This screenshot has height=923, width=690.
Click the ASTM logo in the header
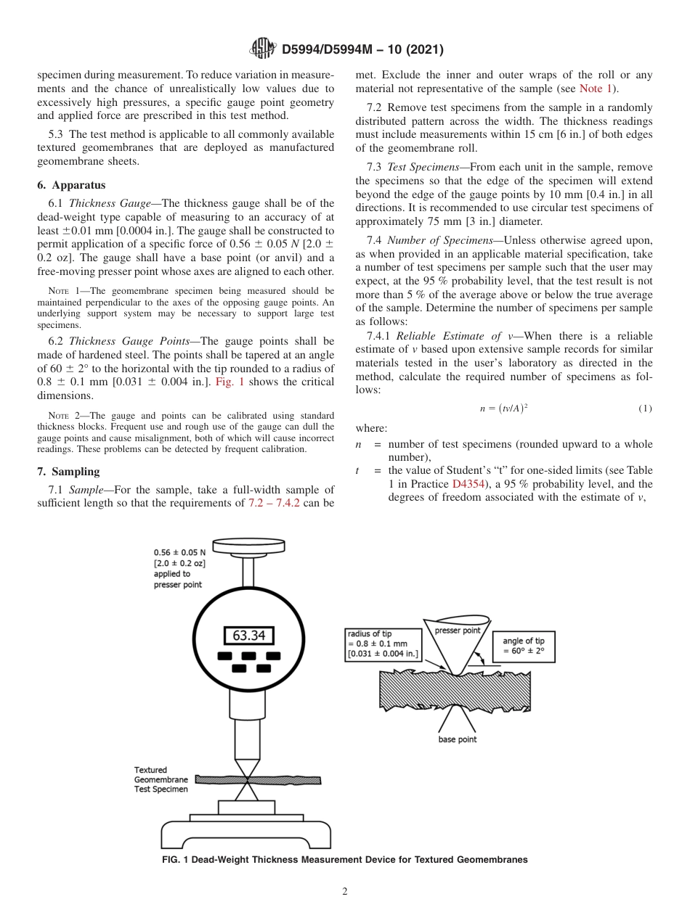tap(263, 49)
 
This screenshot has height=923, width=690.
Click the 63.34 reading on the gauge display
tap(248, 636)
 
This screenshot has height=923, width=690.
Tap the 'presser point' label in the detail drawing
tap(458, 631)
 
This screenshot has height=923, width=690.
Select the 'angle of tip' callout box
tap(523, 647)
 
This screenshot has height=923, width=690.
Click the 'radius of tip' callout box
tap(383, 644)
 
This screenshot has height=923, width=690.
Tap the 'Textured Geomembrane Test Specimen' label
tap(161, 779)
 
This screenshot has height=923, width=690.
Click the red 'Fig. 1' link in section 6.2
tap(230, 382)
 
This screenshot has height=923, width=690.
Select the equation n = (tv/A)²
tap(503, 409)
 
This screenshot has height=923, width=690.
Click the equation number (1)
tap(645, 409)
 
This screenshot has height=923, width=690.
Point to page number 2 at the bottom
tap(345, 892)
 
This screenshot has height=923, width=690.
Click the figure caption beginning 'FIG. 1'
tap(344, 860)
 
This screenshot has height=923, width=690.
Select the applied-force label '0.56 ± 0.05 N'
tap(179, 551)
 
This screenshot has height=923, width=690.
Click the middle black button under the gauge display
tap(248, 656)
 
